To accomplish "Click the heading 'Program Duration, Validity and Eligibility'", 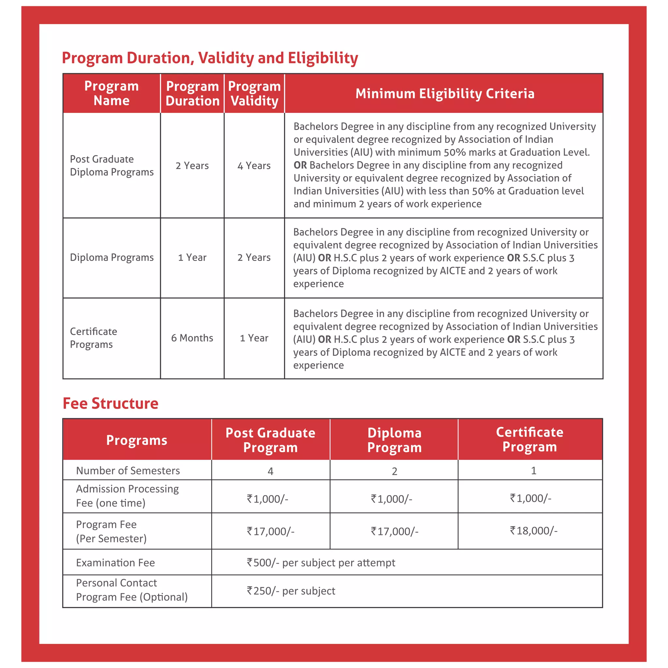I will tap(209, 58).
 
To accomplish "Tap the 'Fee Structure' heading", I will tap(110, 403).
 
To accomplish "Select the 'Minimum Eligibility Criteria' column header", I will tap(445, 94).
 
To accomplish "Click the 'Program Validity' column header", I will tap(254, 93).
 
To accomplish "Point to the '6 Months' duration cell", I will tap(192, 338).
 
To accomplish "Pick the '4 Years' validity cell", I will tap(254, 166).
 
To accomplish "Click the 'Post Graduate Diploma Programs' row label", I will tap(111, 166).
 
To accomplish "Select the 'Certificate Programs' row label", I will tap(93, 338).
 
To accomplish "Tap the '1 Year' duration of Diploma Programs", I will tap(192, 258).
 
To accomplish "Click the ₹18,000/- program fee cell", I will tap(533, 530).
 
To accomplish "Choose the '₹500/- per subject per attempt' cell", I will tap(321, 563).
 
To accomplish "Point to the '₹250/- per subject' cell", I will tap(291, 591).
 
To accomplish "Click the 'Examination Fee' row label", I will tap(115, 563).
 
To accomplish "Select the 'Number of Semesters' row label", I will tap(128, 471).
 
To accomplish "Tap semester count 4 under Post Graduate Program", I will tap(270, 471).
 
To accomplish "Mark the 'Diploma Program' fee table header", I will tap(394, 440).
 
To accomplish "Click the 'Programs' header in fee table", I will tap(137, 440).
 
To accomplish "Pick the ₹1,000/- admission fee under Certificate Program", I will tap(530, 498).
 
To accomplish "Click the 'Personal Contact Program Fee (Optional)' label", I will tap(131, 590).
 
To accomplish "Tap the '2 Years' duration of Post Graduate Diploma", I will tap(192, 166).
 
